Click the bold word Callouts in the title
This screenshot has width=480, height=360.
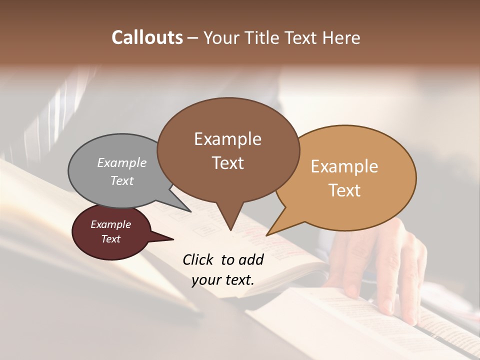click(x=147, y=37)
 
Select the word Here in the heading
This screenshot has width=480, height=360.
click(x=342, y=37)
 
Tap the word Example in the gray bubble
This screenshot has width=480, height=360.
click(x=121, y=162)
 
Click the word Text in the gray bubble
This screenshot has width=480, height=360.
click(x=121, y=180)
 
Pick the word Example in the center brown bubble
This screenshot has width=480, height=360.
click(x=227, y=139)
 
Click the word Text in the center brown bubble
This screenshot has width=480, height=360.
click(x=227, y=163)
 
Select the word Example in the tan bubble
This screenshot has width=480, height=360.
click(x=344, y=166)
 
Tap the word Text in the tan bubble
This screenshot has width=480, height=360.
click(x=344, y=190)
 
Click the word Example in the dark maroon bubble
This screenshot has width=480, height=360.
click(x=110, y=224)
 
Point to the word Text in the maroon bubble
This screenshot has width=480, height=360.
click(x=110, y=239)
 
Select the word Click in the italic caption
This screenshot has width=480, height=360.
click(x=199, y=259)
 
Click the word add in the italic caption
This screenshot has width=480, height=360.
click(x=251, y=259)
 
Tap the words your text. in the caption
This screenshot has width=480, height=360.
click(x=222, y=280)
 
